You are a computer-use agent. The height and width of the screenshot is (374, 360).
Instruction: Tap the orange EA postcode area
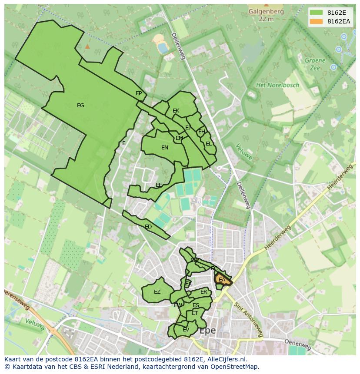coord(222,280)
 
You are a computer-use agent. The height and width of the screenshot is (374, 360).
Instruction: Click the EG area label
coord(80,106)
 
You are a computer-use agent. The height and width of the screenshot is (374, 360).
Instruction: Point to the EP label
coord(139,93)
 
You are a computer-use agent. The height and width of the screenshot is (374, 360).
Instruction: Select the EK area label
coord(176,111)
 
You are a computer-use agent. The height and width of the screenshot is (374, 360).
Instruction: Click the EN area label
coord(165,148)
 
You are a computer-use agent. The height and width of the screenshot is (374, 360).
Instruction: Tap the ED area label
coord(148,227)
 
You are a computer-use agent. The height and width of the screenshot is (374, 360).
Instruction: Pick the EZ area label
coord(157,292)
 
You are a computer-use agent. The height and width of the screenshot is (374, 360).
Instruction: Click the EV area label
coord(186,330)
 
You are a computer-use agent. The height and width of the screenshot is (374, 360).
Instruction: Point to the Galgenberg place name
coord(266,12)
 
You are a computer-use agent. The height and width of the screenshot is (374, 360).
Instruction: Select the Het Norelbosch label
coord(278,85)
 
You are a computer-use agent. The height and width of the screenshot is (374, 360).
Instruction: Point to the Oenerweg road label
coord(298,344)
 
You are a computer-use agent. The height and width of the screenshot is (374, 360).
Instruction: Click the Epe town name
coord(207,331)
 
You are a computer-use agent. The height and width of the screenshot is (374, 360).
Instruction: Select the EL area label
coord(209,144)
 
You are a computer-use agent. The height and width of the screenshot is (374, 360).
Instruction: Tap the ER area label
coord(203,292)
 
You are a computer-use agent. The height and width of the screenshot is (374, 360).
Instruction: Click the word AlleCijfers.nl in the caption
coord(226,359)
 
